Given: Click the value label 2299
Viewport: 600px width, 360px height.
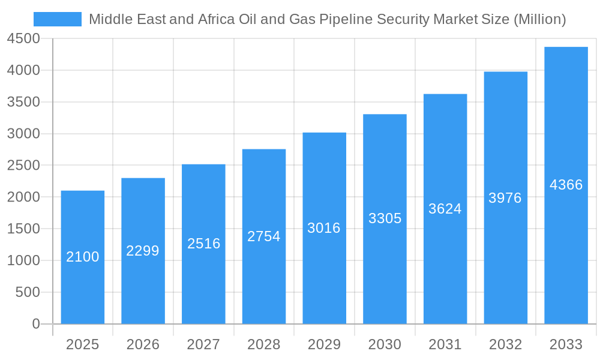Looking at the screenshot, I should pyautogui.click(x=143, y=251).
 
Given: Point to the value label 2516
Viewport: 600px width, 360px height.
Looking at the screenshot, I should pyautogui.click(x=204, y=244).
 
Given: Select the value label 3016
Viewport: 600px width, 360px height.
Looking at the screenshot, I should pyautogui.click(x=324, y=228).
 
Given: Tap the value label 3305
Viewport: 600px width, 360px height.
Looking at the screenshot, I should pyautogui.click(x=385, y=218).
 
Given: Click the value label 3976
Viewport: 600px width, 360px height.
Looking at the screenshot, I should pyautogui.click(x=505, y=198).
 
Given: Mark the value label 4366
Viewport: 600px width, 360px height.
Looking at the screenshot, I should pyautogui.click(x=566, y=185).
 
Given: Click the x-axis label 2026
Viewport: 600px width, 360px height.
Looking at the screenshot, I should pyautogui.click(x=143, y=344).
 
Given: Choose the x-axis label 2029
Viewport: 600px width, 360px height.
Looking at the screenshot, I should pyautogui.click(x=324, y=344).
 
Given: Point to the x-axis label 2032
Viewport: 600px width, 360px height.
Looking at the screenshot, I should pyautogui.click(x=505, y=344).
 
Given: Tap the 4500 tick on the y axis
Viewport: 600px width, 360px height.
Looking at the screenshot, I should pyautogui.click(x=23, y=39).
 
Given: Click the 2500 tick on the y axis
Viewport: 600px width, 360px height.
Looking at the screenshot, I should pyautogui.click(x=23, y=166).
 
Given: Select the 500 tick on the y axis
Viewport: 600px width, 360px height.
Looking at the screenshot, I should pyautogui.click(x=28, y=292).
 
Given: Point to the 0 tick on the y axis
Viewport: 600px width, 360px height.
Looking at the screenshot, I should pyautogui.click(x=35, y=324).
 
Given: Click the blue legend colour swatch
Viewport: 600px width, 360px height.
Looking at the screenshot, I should pyautogui.click(x=58, y=19).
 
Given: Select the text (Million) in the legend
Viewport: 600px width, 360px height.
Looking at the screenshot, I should pyautogui.click(x=539, y=19).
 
